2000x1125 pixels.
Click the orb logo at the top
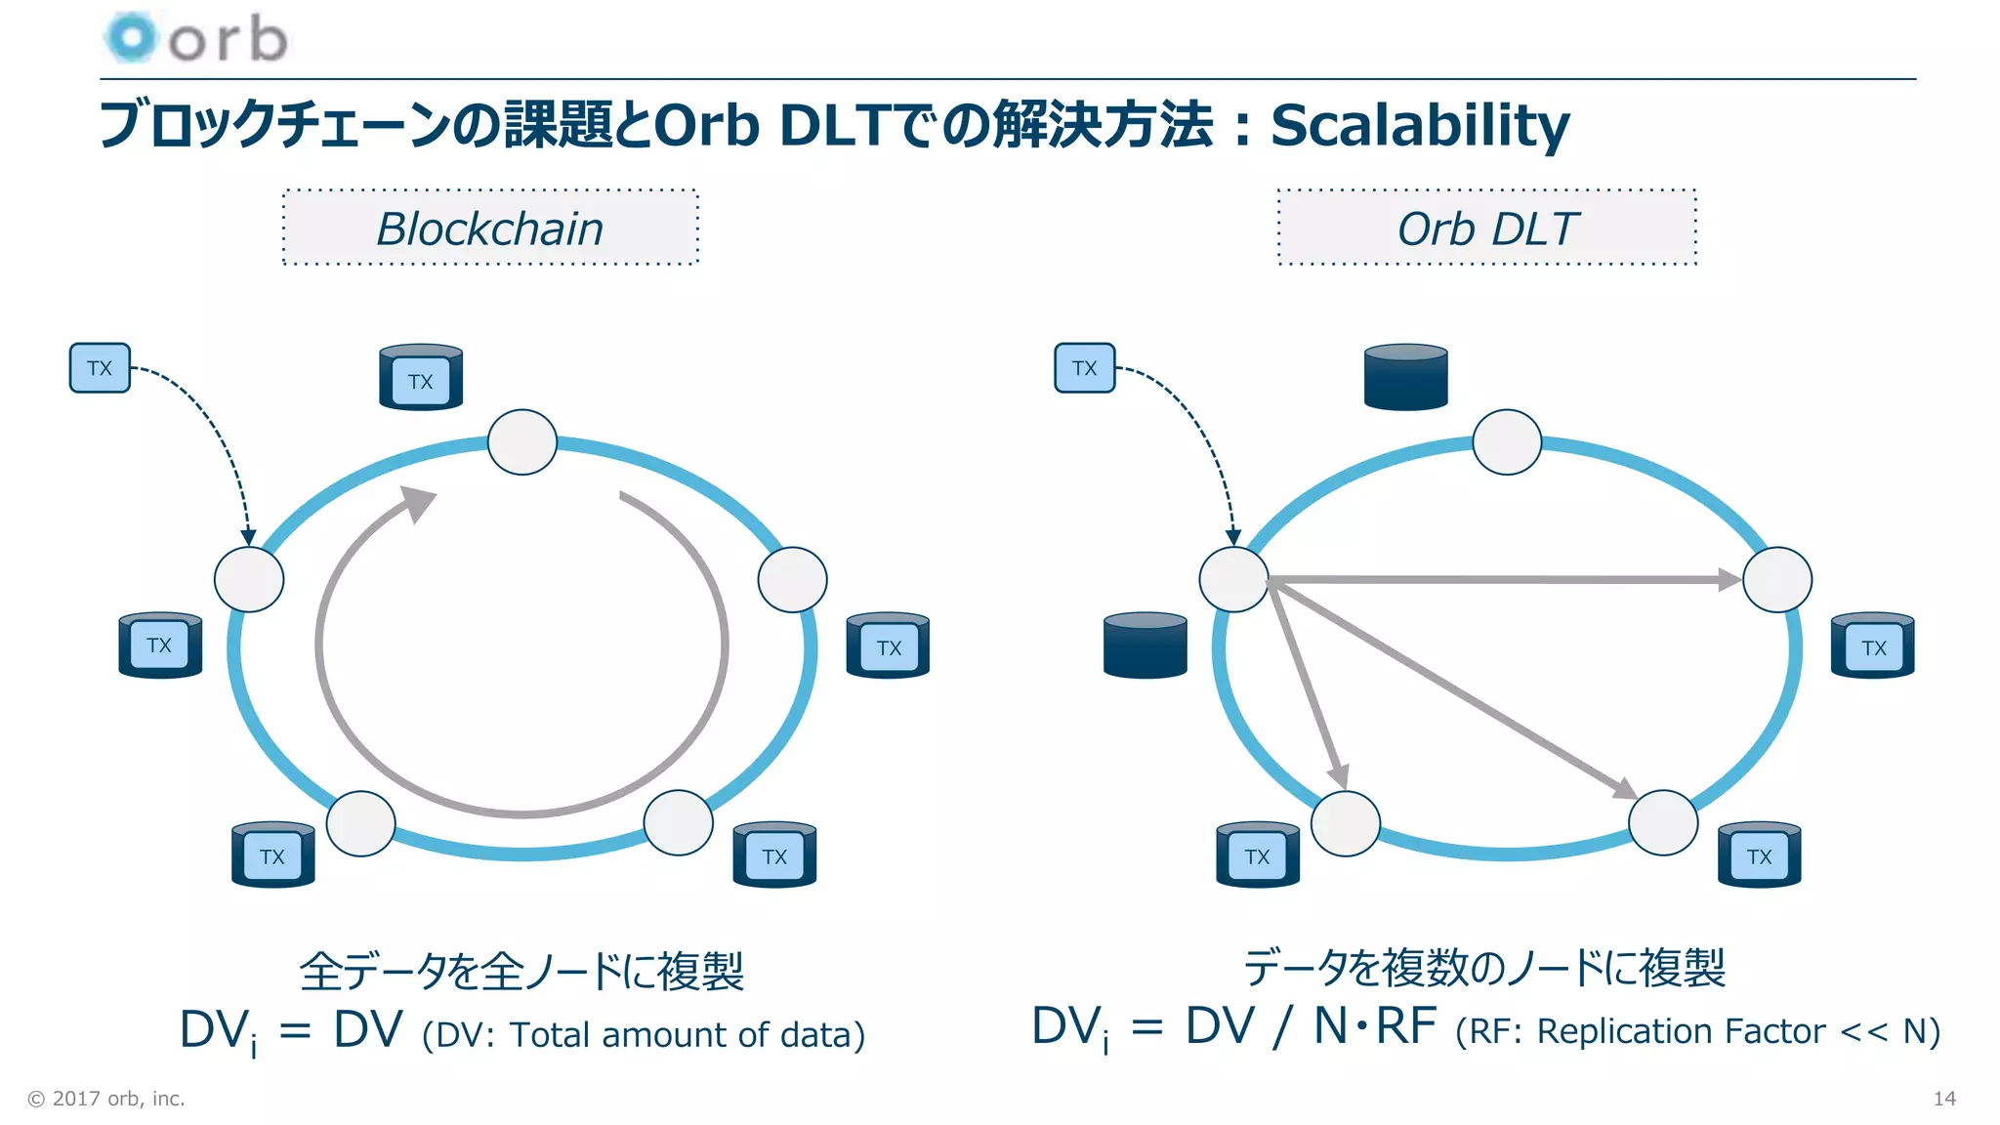click(x=195, y=39)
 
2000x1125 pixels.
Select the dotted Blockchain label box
click(x=490, y=228)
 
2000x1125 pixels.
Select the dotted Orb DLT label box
click(x=1487, y=228)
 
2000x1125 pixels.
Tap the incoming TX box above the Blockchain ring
click(x=100, y=368)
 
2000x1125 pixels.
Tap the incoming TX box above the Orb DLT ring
click(x=1084, y=368)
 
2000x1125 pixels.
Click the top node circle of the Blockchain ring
click(x=522, y=442)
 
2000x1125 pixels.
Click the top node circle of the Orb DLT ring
click(x=1507, y=442)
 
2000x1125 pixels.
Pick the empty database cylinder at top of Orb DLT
click(x=1405, y=377)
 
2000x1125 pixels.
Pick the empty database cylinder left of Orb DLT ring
click(x=1145, y=646)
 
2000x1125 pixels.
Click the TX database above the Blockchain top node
click(x=421, y=378)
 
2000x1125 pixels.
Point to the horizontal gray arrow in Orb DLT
click(x=1504, y=580)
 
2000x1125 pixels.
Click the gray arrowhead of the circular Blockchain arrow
click(x=419, y=503)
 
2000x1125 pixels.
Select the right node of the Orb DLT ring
click(x=1777, y=580)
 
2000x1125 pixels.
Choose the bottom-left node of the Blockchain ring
click(x=360, y=823)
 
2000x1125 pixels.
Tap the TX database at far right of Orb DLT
click(x=1872, y=646)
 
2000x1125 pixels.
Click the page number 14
click(x=1943, y=1099)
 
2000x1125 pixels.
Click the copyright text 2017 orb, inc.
click(x=106, y=1099)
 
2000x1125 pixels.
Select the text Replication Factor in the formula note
click(x=1681, y=1031)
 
